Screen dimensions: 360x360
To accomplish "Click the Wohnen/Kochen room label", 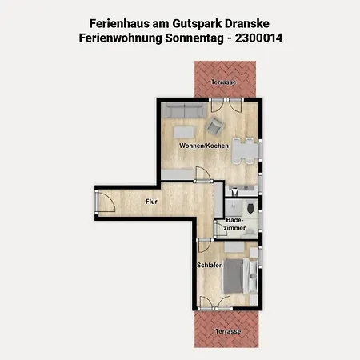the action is click(x=204, y=146).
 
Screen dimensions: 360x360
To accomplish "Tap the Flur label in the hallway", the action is click(x=151, y=202).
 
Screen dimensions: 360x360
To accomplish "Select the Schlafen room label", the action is click(x=210, y=265).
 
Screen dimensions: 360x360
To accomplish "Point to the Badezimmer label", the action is click(x=234, y=224).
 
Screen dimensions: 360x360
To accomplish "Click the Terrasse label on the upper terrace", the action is click(x=224, y=82).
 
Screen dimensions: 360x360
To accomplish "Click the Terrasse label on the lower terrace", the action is click(x=228, y=331).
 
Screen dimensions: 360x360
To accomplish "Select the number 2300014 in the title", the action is click(x=258, y=38).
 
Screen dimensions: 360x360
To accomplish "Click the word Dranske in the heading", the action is click(x=247, y=23).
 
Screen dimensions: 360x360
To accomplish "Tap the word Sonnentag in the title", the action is click(x=194, y=38).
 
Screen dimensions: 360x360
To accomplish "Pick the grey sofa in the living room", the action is click(x=184, y=111).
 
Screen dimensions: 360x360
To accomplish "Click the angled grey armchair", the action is click(x=214, y=126).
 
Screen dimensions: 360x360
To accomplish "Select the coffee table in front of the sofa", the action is click(x=184, y=132).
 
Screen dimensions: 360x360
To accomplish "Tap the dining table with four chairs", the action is click(x=246, y=151).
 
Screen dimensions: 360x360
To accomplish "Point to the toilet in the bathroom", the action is click(x=250, y=208).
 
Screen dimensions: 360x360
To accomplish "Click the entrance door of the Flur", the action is click(x=106, y=202).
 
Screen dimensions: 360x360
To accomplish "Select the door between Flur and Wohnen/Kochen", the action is click(x=203, y=174).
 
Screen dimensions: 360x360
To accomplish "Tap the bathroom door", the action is click(x=220, y=230).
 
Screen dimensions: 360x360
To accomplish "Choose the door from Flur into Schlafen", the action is click(x=205, y=246).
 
